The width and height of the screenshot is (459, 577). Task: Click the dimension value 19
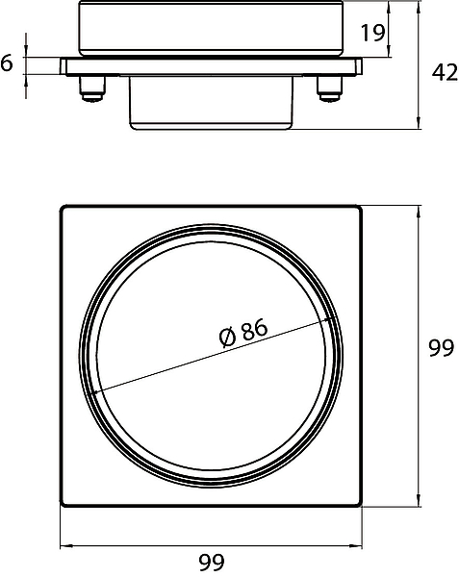[x=372, y=33]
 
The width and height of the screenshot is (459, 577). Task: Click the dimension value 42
[x=445, y=72]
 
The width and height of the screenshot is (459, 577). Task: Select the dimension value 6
[x=7, y=63]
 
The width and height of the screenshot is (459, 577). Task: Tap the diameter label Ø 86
[x=243, y=334]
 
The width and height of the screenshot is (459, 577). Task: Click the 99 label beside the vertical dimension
[x=442, y=347]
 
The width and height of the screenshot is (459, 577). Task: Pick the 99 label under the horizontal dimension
[x=212, y=562]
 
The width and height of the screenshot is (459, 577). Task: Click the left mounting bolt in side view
[x=91, y=88]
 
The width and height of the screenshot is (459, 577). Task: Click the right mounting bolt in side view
[x=329, y=88]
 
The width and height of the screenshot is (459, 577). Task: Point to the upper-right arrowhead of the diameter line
[x=330, y=320]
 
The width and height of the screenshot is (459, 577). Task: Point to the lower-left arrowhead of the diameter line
[x=95, y=391]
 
